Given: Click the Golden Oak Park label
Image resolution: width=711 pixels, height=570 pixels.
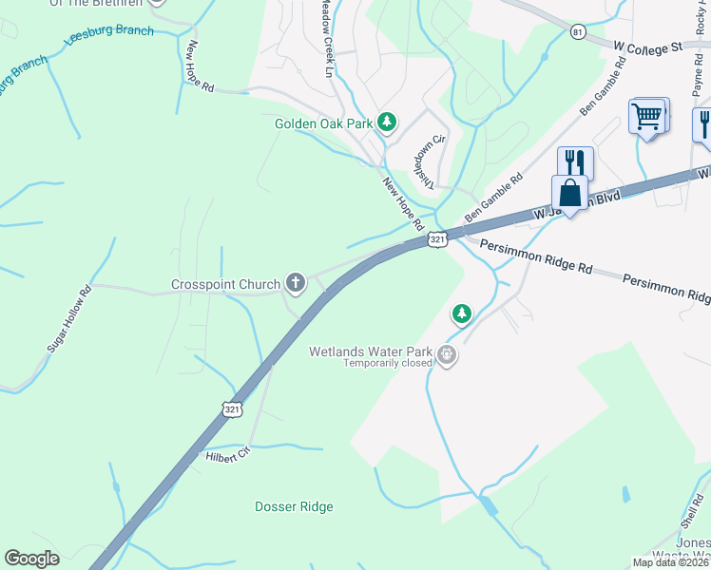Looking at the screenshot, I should tap(323, 123).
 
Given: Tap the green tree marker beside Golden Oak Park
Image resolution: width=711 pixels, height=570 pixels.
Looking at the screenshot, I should tap(387, 122).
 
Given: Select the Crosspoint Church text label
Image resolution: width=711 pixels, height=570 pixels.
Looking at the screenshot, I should tap(225, 284).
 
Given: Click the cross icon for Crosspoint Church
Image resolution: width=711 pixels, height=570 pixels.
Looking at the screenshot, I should tap(296, 282).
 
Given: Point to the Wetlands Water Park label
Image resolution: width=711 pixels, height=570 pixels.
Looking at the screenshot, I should tap(370, 351).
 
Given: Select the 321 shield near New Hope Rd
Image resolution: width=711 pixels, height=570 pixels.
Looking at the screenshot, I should tap(436, 240).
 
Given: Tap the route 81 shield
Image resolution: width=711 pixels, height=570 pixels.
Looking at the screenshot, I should tap(579, 32).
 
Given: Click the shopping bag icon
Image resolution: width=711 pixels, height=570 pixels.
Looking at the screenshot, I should tap(569, 194).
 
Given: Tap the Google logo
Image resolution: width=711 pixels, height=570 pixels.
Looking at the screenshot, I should tap(32, 558).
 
